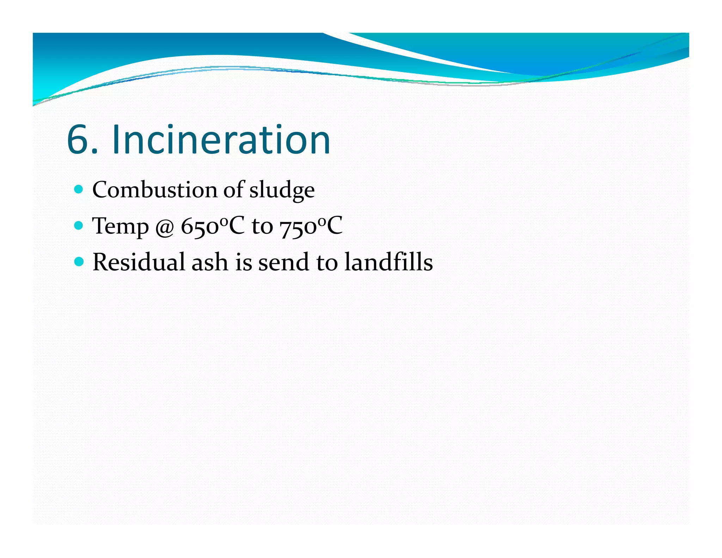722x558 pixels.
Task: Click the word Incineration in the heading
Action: [x=221, y=140]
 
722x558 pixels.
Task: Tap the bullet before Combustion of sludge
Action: [x=79, y=189]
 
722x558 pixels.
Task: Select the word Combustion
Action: [x=154, y=190]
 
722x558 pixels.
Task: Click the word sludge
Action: [x=282, y=191]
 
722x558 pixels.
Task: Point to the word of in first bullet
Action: [x=233, y=189]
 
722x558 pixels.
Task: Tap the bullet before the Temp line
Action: [x=79, y=225]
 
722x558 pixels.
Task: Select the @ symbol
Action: [x=165, y=228]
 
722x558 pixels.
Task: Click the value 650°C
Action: [x=212, y=226]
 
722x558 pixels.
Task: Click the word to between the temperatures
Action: [x=262, y=227]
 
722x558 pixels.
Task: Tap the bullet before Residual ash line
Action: [x=79, y=262]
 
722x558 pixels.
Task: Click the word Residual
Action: [x=139, y=262]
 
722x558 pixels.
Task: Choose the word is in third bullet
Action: [x=244, y=263]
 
